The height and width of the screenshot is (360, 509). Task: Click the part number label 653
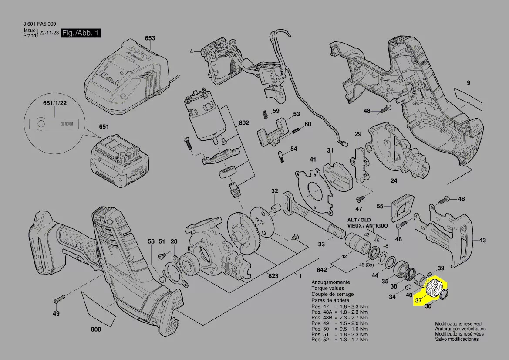point(150,38)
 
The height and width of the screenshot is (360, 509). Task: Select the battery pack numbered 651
point(121,160)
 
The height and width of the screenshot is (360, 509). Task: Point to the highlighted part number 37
point(418,300)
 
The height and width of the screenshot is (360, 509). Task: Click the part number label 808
point(96,329)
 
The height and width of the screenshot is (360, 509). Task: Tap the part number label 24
point(394,181)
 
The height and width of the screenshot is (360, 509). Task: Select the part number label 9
point(469,83)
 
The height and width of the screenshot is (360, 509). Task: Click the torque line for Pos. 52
point(340,340)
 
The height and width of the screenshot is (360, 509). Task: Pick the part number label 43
point(482,240)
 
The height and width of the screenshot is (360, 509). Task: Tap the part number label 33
point(321,244)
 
